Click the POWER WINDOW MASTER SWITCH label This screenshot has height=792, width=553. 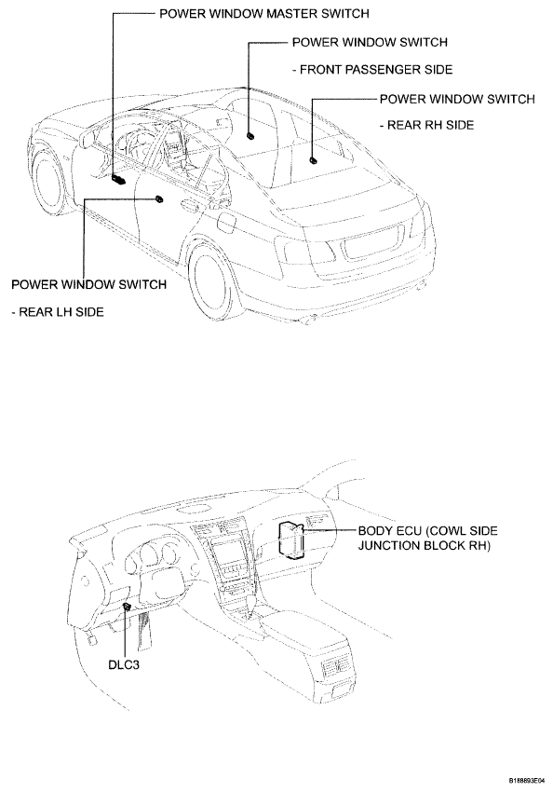point(264,14)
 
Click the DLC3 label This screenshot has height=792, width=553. point(124,663)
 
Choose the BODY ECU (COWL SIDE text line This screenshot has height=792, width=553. point(428,531)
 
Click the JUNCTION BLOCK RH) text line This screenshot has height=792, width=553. point(425,545)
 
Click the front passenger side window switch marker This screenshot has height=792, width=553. point(250,135)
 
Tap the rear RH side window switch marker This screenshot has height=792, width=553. point(314,160)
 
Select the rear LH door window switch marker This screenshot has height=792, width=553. point(159,198)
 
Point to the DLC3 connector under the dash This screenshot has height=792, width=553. point(127,607)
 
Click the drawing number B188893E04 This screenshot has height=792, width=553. point(526,781)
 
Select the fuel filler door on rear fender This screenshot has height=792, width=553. point(226,221)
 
